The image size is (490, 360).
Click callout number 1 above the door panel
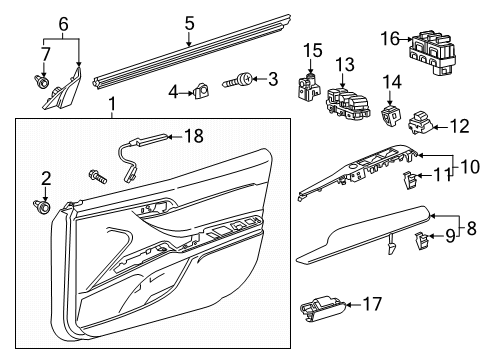(112, 103)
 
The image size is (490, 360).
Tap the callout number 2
(45, 178)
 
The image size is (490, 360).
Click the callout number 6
(64, 22)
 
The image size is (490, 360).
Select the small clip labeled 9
(424, 238)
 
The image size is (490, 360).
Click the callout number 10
(467, 164)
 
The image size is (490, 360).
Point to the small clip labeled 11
(409, 179)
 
